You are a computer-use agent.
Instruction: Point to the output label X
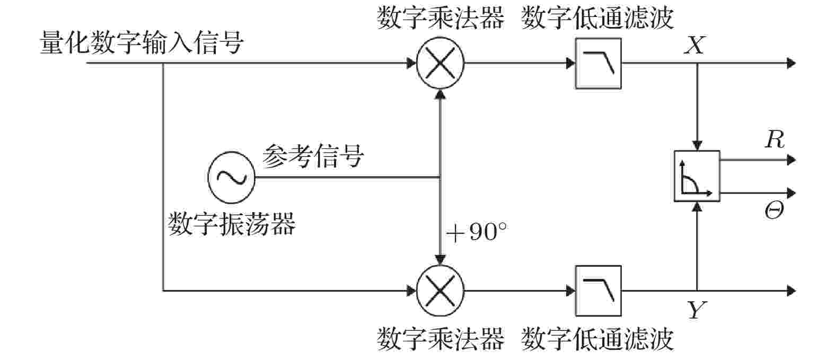[695, 46]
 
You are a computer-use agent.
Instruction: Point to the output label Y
[696, 310]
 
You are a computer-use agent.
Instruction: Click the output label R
[775, 139]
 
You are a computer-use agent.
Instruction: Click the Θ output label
[774, 210]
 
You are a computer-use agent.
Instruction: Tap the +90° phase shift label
[477, 232]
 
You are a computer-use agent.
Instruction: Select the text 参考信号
[313, 156]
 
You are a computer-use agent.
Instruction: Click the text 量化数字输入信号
[142, 42]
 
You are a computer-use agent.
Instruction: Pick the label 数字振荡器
[232, 224]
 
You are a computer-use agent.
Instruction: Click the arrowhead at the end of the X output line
[791, 63]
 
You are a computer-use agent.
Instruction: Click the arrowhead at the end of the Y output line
[791, 291]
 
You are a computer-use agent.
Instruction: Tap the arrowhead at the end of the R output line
[791, 160]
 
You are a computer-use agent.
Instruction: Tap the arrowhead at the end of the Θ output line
[791, 193]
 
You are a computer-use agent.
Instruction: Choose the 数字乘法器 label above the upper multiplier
[440, 18]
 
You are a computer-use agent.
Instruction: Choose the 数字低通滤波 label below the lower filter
[597, 339]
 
